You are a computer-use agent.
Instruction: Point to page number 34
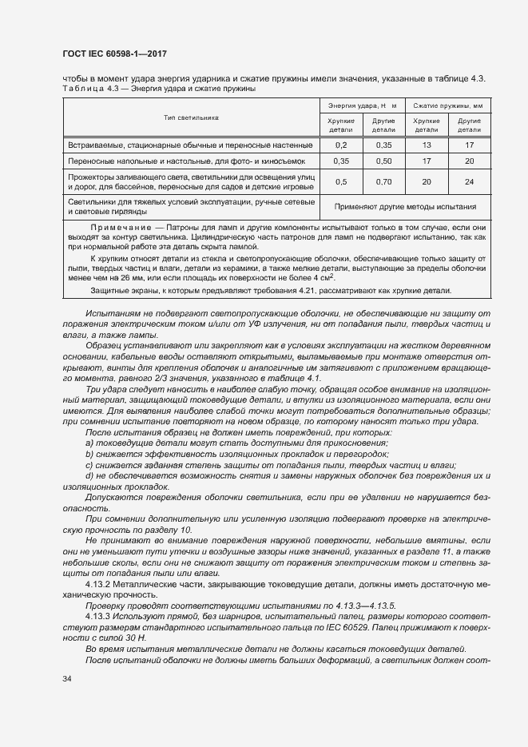[x=67, y=678]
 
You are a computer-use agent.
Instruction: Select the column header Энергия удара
[x=362, y=105]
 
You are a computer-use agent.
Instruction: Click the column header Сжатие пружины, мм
[x=447, y=105]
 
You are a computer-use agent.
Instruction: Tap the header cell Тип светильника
[x=192, y=117]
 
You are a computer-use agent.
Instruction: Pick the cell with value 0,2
[x=341, y=145]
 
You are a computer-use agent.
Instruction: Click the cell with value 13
[x=427, y=145]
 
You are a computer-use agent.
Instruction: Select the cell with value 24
[x=469, y=181]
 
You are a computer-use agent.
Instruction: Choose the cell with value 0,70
[x=383, y=181]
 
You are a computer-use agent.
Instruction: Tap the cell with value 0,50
[x=383, y=161]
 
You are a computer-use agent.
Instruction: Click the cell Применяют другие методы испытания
[x=405, y=207]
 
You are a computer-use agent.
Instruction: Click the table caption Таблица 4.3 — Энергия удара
[x=157, y=89]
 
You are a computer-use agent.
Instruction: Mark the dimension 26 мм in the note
[x=129, y=278]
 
